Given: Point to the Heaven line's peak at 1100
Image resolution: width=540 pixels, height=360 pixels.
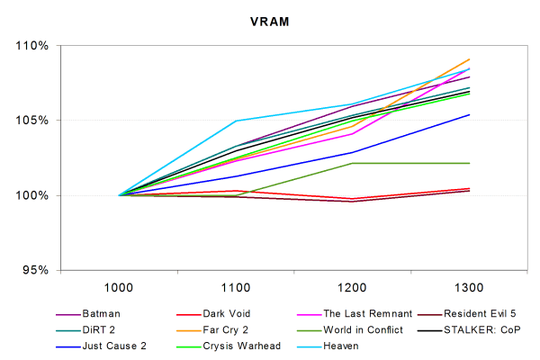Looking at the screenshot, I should (x=236, y=121).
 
